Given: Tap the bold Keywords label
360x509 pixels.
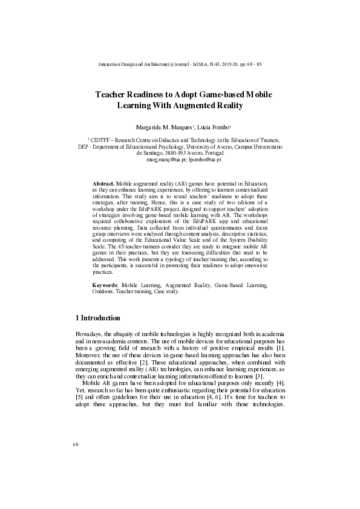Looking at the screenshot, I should tap(105, 284).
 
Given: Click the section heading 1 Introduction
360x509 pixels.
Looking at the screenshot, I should tap(97, 318).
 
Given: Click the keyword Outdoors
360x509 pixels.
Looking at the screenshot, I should tap(103, 291).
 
